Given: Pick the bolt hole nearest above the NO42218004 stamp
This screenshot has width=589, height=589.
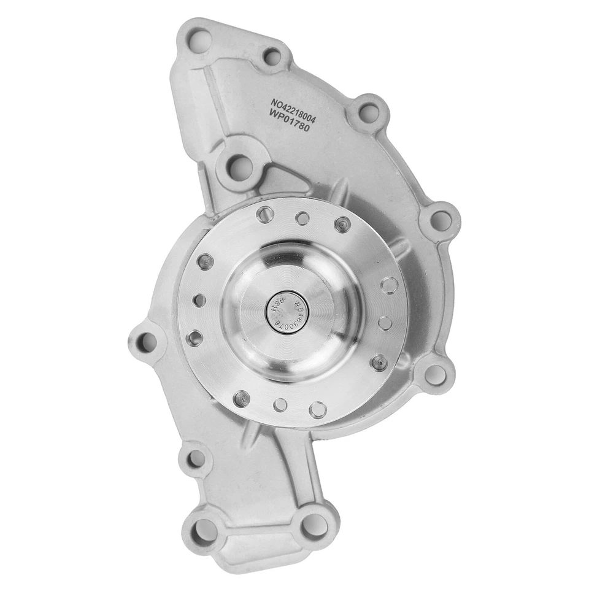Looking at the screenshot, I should (x=272, y=58).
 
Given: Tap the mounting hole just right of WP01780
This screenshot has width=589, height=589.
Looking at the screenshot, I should (x=368, y=113).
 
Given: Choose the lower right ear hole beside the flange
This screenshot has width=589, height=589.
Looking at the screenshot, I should (x=435, y=374).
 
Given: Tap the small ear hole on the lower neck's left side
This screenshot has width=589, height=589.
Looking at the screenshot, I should (x=195, y=458).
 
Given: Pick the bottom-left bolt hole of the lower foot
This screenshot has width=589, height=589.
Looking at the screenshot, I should (x=204, y=531).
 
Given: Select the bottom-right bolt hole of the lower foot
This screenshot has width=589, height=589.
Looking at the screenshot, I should (x=315, y=527).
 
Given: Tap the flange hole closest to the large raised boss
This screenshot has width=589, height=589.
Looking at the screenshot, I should (x=265, y=215).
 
